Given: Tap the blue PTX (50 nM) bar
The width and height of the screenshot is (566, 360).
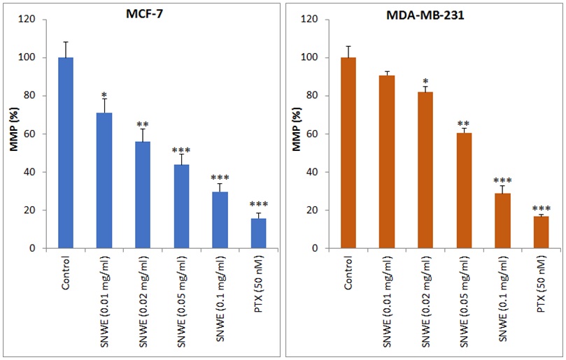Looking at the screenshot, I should coord(259,233).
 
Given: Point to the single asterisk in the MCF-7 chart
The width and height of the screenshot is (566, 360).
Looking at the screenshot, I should coord(104,95).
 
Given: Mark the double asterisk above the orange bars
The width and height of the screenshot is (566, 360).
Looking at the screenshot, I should coord(463,124).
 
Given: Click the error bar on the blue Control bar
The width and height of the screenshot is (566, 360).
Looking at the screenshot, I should coord(66,49).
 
